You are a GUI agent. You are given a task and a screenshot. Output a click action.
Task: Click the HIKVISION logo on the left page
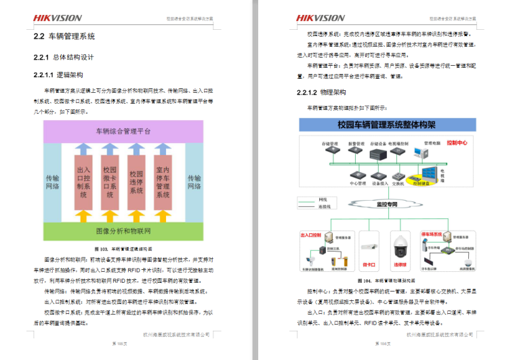pos(58,18)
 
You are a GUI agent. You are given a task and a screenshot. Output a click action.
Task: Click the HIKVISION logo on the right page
pos(320,18)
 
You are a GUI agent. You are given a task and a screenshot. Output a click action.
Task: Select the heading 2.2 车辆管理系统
pos(64,36)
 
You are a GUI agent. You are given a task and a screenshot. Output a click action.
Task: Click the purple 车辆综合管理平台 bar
pos(123,131)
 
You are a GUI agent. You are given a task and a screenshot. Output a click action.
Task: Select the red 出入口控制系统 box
pos(83,182)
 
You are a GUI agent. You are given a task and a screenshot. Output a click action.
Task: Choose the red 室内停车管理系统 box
pos(163,182)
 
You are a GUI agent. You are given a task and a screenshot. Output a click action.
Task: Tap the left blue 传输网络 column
pos(52,182)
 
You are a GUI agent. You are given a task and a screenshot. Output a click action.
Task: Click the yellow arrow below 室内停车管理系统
pos(163,216)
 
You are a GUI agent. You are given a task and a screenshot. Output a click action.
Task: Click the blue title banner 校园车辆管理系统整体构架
pos(386,125)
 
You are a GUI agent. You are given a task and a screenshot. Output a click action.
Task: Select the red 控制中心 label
pos(458,144)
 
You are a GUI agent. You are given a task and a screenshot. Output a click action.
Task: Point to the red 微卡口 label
pos(369,265)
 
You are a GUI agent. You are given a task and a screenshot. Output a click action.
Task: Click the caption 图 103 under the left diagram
pos(123,249)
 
